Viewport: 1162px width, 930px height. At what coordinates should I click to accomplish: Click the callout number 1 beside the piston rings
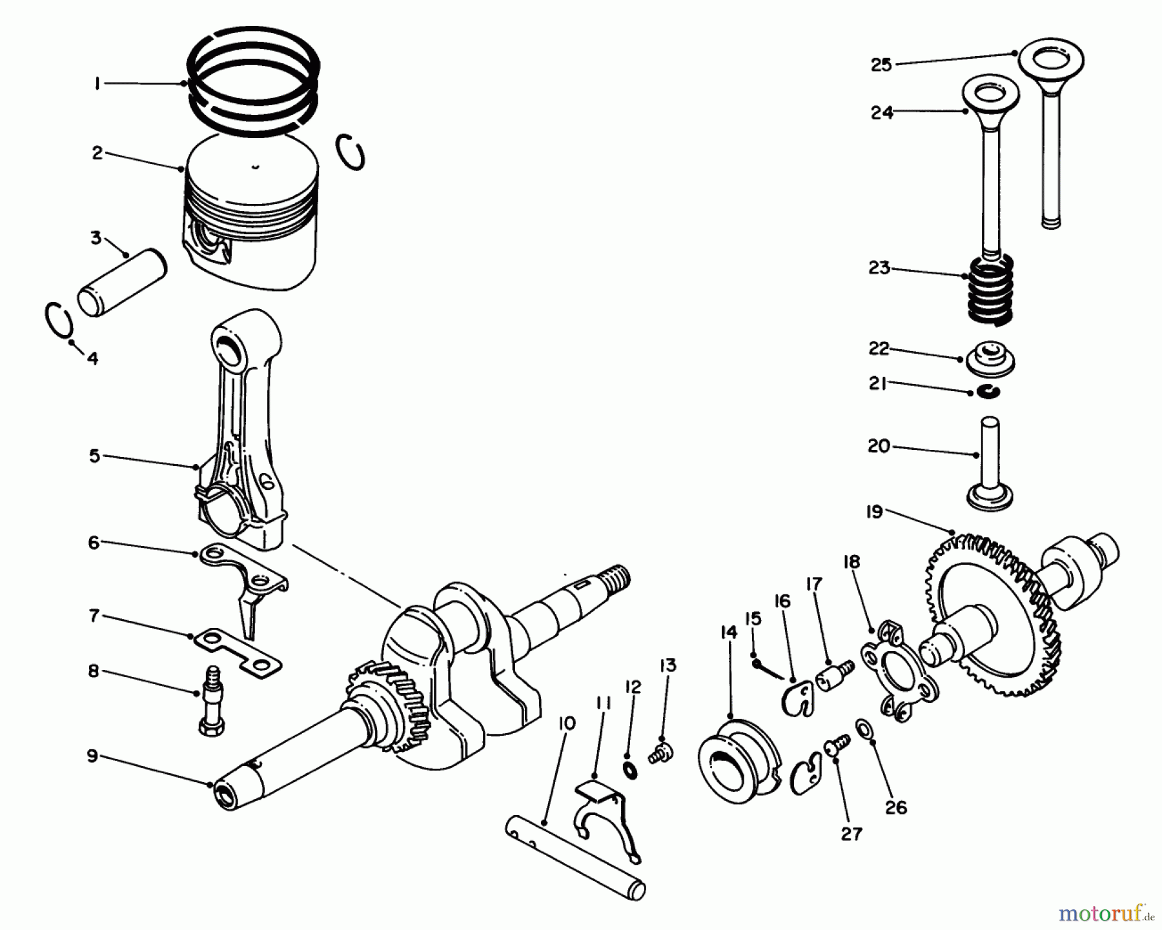click(x=97, y=83)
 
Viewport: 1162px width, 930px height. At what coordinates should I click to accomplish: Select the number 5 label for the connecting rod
click(x=95, y=456)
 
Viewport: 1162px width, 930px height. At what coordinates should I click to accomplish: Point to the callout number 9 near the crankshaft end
click(x=93, y=756)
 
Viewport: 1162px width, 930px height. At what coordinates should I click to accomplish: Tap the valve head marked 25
click(x=1051, y=62)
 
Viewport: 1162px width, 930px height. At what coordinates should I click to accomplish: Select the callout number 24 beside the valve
click(x=882, y=112)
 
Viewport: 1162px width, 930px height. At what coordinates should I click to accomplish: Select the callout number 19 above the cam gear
click(x=874, y=512)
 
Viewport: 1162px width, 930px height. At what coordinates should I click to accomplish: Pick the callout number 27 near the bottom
click(x=851, y=834)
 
